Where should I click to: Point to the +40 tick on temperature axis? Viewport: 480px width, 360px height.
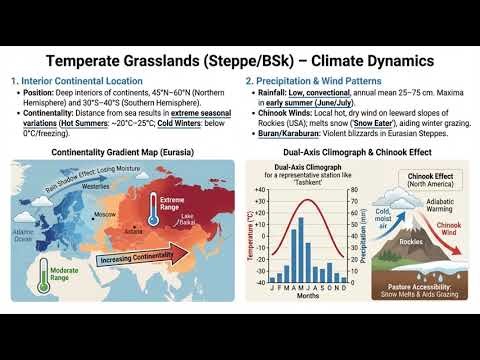pos(261,189)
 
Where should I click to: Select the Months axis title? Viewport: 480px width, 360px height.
pos(307,297)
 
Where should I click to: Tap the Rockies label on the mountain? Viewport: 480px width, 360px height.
pos(405,240)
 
